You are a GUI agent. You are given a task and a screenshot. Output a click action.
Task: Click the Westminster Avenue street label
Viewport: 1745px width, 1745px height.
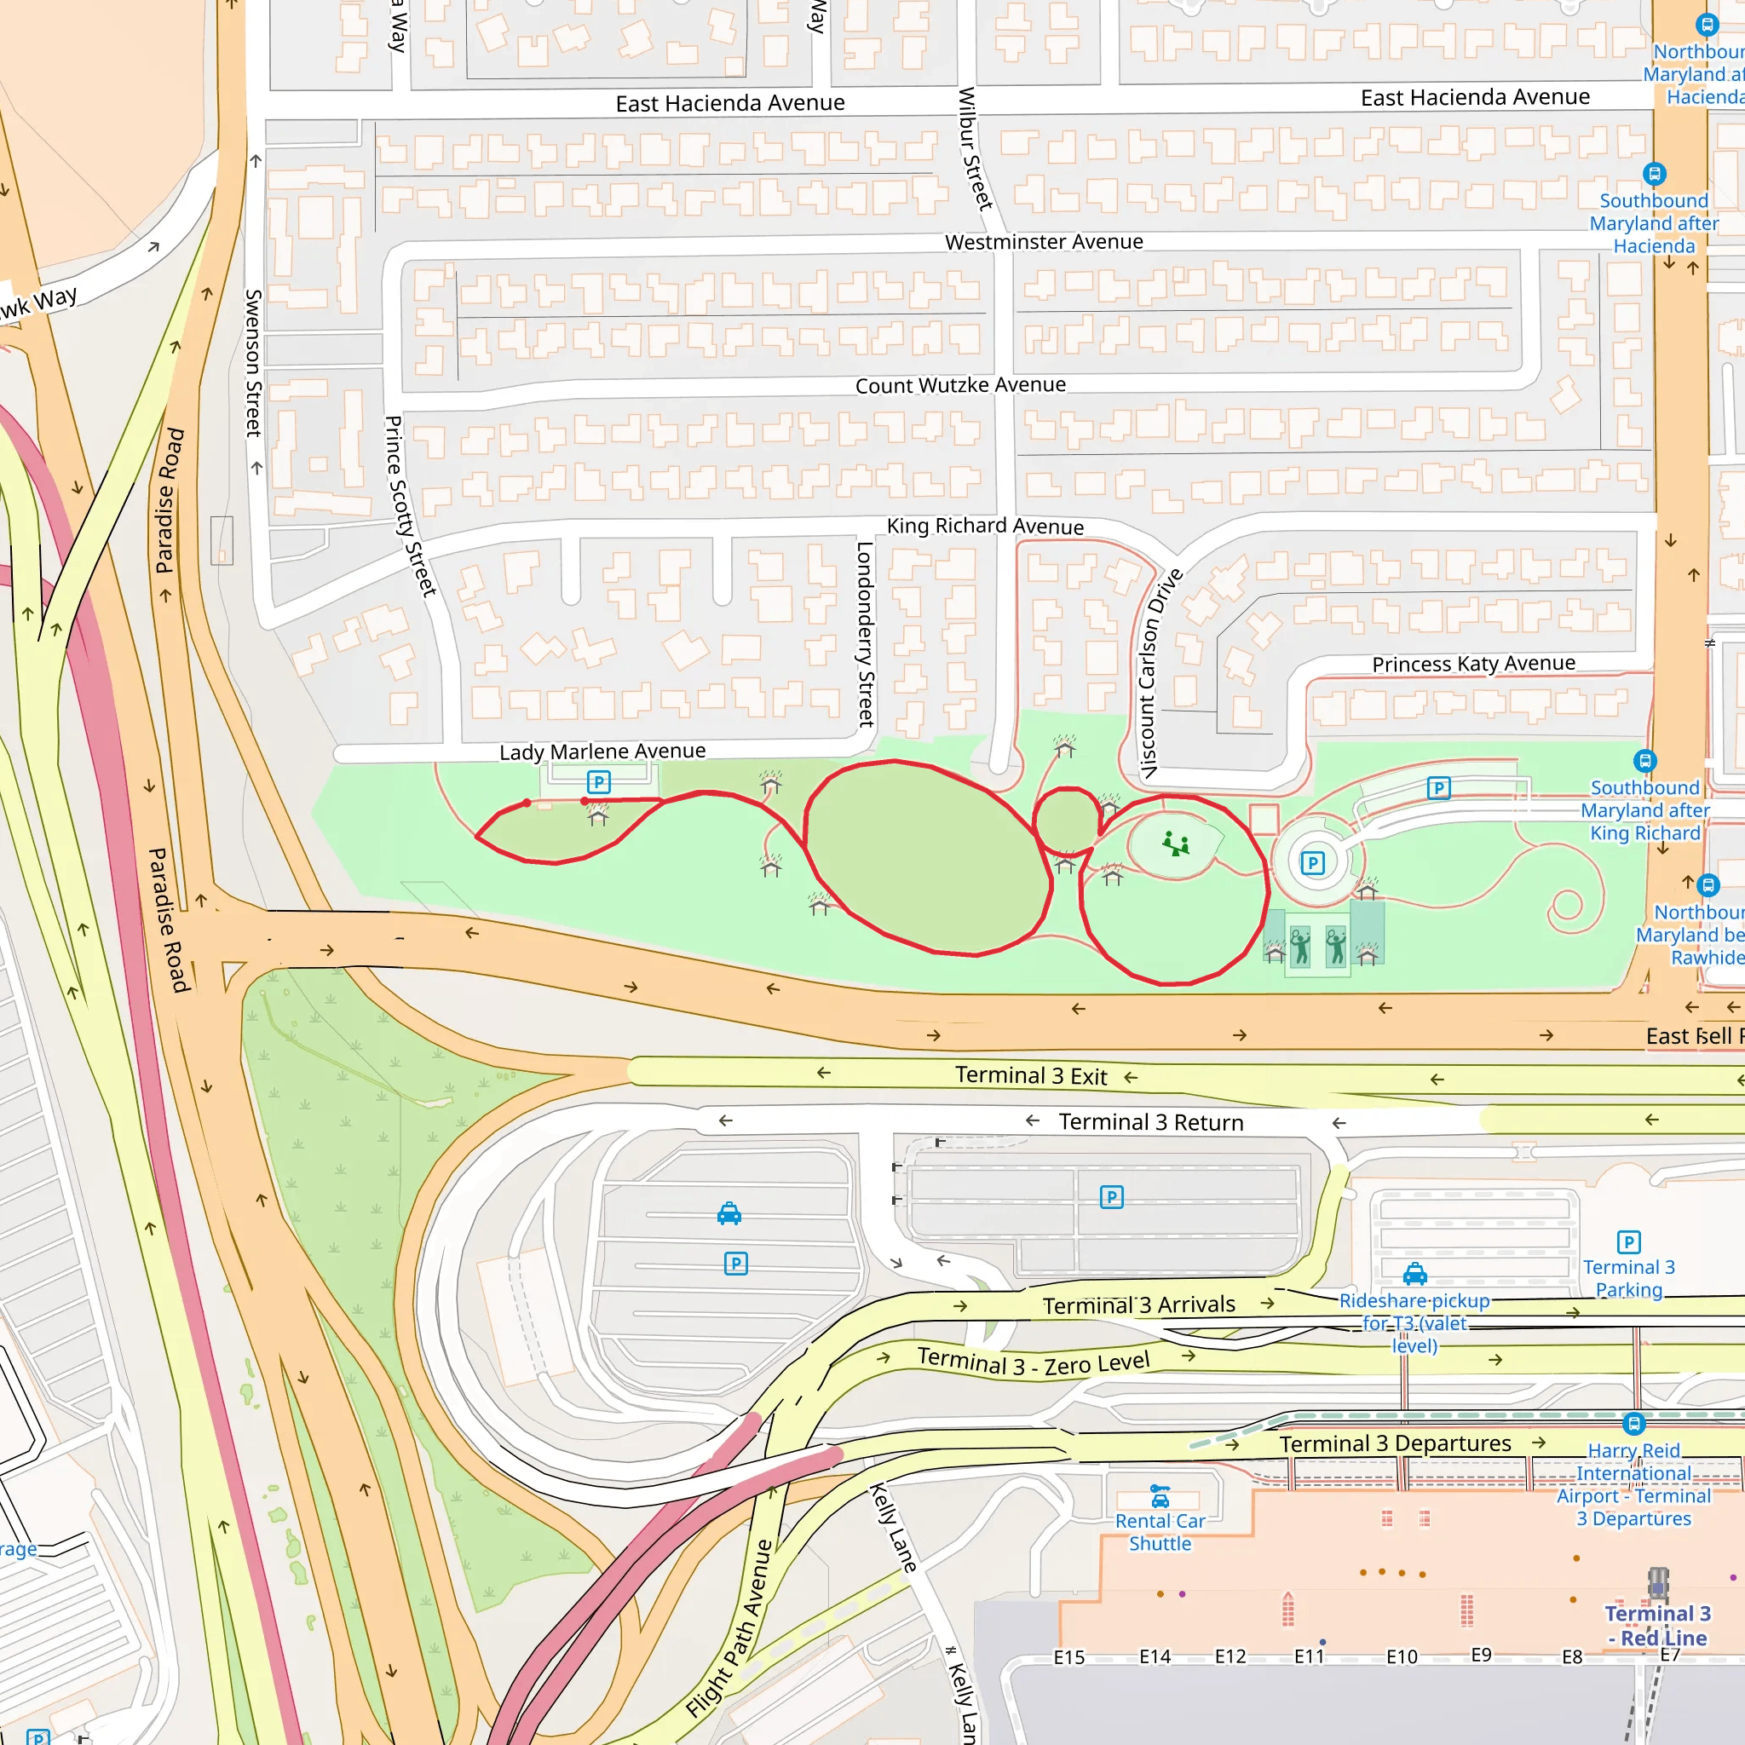pyautogui.click(x=1043, y=242)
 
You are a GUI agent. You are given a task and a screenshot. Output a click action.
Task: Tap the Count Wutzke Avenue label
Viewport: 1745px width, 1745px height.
pyautogui.click(x=960, y=386)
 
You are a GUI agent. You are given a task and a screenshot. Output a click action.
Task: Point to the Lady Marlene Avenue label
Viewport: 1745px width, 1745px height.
pyautogui.click(x=602, y=752)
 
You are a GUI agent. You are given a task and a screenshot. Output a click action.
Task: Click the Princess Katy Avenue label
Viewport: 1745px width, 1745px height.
pyautogui.click(x=1473, y=664)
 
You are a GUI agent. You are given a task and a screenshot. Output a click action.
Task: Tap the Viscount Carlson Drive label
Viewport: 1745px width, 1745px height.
pyautogui.click(x=1160, y=673)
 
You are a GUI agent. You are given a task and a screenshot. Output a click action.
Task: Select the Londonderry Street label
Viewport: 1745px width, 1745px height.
pyautogui.click(x=866, y=634)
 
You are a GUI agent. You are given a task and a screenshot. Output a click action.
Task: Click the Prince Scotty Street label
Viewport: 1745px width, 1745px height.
pyautogui.click(x=410, y=506)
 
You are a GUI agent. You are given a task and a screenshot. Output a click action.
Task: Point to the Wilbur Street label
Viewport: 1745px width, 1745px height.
pyautogui.click(x=975, y=149)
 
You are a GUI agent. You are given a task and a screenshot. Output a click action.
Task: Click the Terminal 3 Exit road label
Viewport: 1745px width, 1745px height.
pyautogui.click(x=1031, y=1076)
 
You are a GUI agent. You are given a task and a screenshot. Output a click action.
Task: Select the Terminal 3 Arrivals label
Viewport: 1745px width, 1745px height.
pyautogui.click(x=1138, y=1305)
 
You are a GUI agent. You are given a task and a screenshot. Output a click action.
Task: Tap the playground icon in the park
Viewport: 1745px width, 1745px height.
pyautogui.click(x=1175, y=844)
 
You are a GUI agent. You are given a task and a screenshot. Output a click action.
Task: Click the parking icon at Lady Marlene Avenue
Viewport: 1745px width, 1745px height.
pyautogui.click(x=598, y=782)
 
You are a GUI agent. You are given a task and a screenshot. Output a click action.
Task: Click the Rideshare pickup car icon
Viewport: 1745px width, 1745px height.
pyautogui.click(x=1414, y=1275)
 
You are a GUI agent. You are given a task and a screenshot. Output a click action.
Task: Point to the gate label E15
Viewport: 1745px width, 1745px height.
pyautogui.click(x=1068, y=1657)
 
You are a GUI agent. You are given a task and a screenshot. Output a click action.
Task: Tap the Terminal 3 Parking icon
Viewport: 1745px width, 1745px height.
pyautogui.click(x=1628, y=1242)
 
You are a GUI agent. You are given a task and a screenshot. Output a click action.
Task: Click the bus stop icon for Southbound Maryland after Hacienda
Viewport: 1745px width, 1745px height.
pyautogui.click(x=1654, y=174)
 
